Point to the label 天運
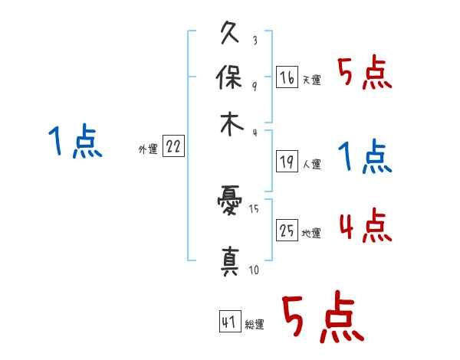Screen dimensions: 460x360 [x=311, y=80]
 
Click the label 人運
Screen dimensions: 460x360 [x=311, y=164]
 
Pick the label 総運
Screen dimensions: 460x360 [x=255, y=325]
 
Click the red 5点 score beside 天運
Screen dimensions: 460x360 [x=365, y=74]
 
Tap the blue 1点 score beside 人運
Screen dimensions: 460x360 [x=365, y=158]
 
